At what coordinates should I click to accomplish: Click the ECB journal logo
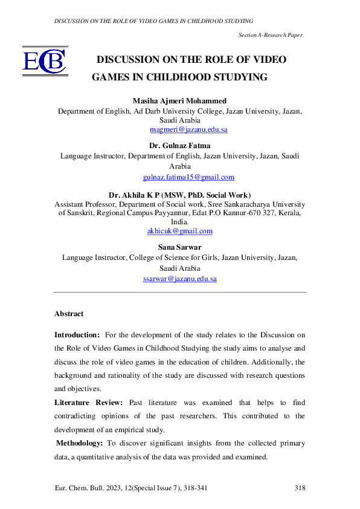(x=44, y=62)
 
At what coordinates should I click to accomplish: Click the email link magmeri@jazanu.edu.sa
(x=188, y=129)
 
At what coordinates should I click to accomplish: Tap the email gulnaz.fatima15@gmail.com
(x=188, y=177)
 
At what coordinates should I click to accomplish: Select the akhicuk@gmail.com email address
(x=180, y=231)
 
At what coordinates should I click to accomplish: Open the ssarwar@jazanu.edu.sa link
(x=180, y=279)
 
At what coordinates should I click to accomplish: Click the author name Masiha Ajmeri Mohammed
(x=180, y=100)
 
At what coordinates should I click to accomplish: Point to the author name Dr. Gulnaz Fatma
(x=180, y=145)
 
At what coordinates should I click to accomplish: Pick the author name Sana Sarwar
(x=180, y=247)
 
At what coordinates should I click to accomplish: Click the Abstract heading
(x=69, y=314)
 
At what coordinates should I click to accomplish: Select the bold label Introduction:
(x=77, y=334)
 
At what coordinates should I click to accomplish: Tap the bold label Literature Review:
(x=89, y=402)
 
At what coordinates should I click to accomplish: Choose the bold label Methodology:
(x=79, y=443)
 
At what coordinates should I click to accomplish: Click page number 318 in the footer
(x=300, y=487)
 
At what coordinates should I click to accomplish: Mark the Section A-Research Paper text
(x=270, y=36)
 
